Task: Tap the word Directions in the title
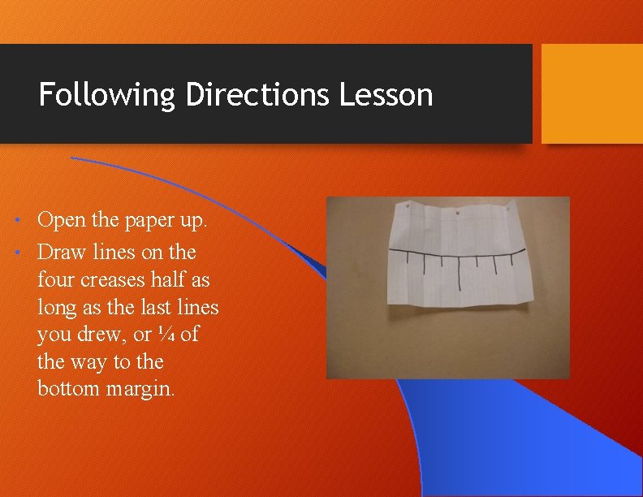(x=258, y=95)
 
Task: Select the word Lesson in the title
(x=386, y=95)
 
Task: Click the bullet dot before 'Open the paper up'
(x=26, y=221)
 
